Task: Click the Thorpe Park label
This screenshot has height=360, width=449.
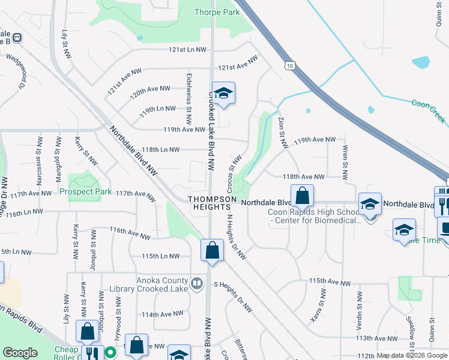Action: click(217, 12)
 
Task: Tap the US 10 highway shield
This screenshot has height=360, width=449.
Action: click(291, 65)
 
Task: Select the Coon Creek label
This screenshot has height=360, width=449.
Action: click(428, 111)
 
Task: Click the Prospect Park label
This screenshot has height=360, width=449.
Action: click(86, 192)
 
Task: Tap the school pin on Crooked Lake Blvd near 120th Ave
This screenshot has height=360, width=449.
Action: click(223, 94)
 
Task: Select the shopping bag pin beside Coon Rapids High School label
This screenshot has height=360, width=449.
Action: click(302, 196)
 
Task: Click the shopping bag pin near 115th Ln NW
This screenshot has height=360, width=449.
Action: click(212, 251)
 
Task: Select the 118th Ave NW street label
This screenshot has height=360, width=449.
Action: click(304, 177)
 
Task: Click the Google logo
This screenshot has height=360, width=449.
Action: click(20, 353)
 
